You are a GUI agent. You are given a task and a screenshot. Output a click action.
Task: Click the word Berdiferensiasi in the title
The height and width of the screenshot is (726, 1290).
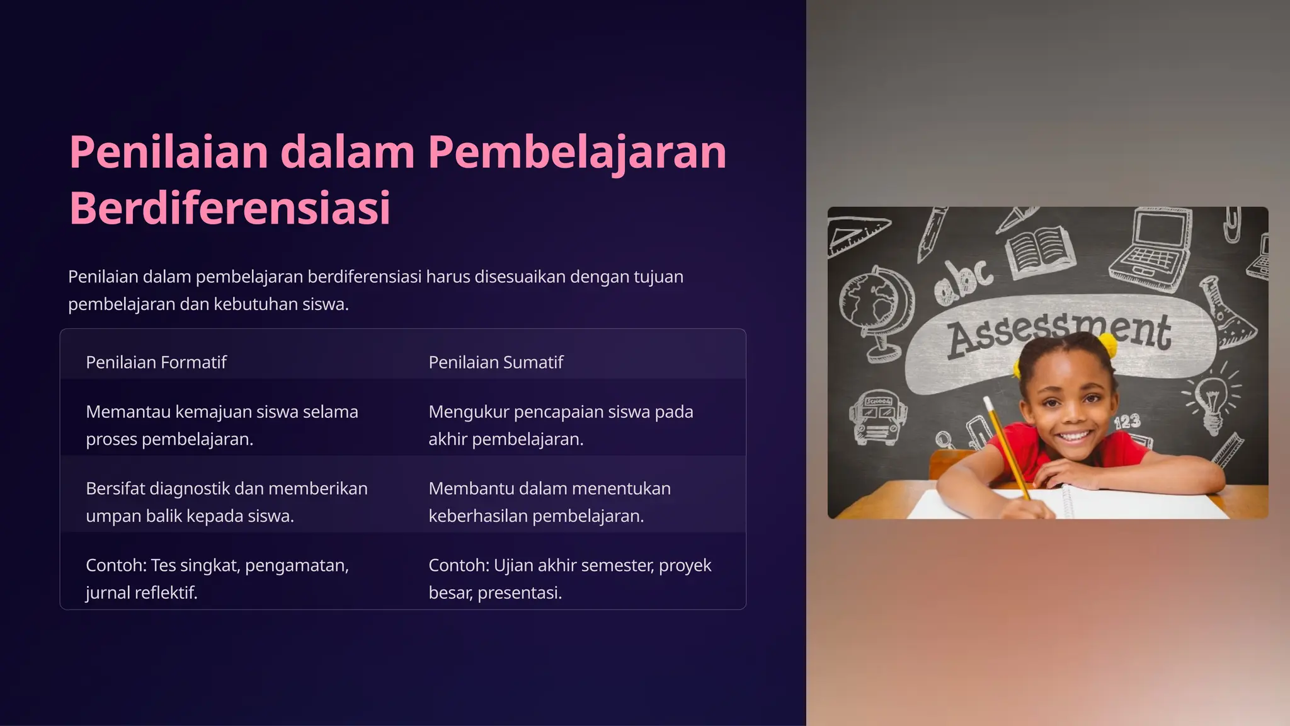tap(229, 208)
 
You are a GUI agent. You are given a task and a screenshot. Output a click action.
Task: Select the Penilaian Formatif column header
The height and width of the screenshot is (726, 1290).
tap(156, 362)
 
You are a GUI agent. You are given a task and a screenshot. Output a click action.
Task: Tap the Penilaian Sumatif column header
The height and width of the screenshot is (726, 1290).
tap(496, 362)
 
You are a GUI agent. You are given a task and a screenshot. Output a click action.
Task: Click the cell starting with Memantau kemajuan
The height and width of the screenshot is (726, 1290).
tap(222, 425)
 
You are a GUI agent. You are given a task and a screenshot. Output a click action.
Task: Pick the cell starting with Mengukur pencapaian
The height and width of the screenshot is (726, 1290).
tap(561, 425)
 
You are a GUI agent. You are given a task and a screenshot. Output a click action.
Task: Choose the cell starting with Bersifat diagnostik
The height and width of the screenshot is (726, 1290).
tap(227, 502)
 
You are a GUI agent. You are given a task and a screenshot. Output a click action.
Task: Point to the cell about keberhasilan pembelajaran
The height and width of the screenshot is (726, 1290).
tap(549, 502)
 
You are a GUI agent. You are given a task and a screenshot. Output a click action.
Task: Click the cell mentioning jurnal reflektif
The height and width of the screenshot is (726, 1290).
tap(217, 579)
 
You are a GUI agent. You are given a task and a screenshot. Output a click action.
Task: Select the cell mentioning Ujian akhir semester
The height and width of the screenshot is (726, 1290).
tap(569, 579)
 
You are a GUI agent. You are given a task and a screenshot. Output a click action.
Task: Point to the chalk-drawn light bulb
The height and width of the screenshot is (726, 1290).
tap(1212, 400)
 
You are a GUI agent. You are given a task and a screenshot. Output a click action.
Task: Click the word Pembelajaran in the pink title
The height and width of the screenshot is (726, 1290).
tap(577, 153)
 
